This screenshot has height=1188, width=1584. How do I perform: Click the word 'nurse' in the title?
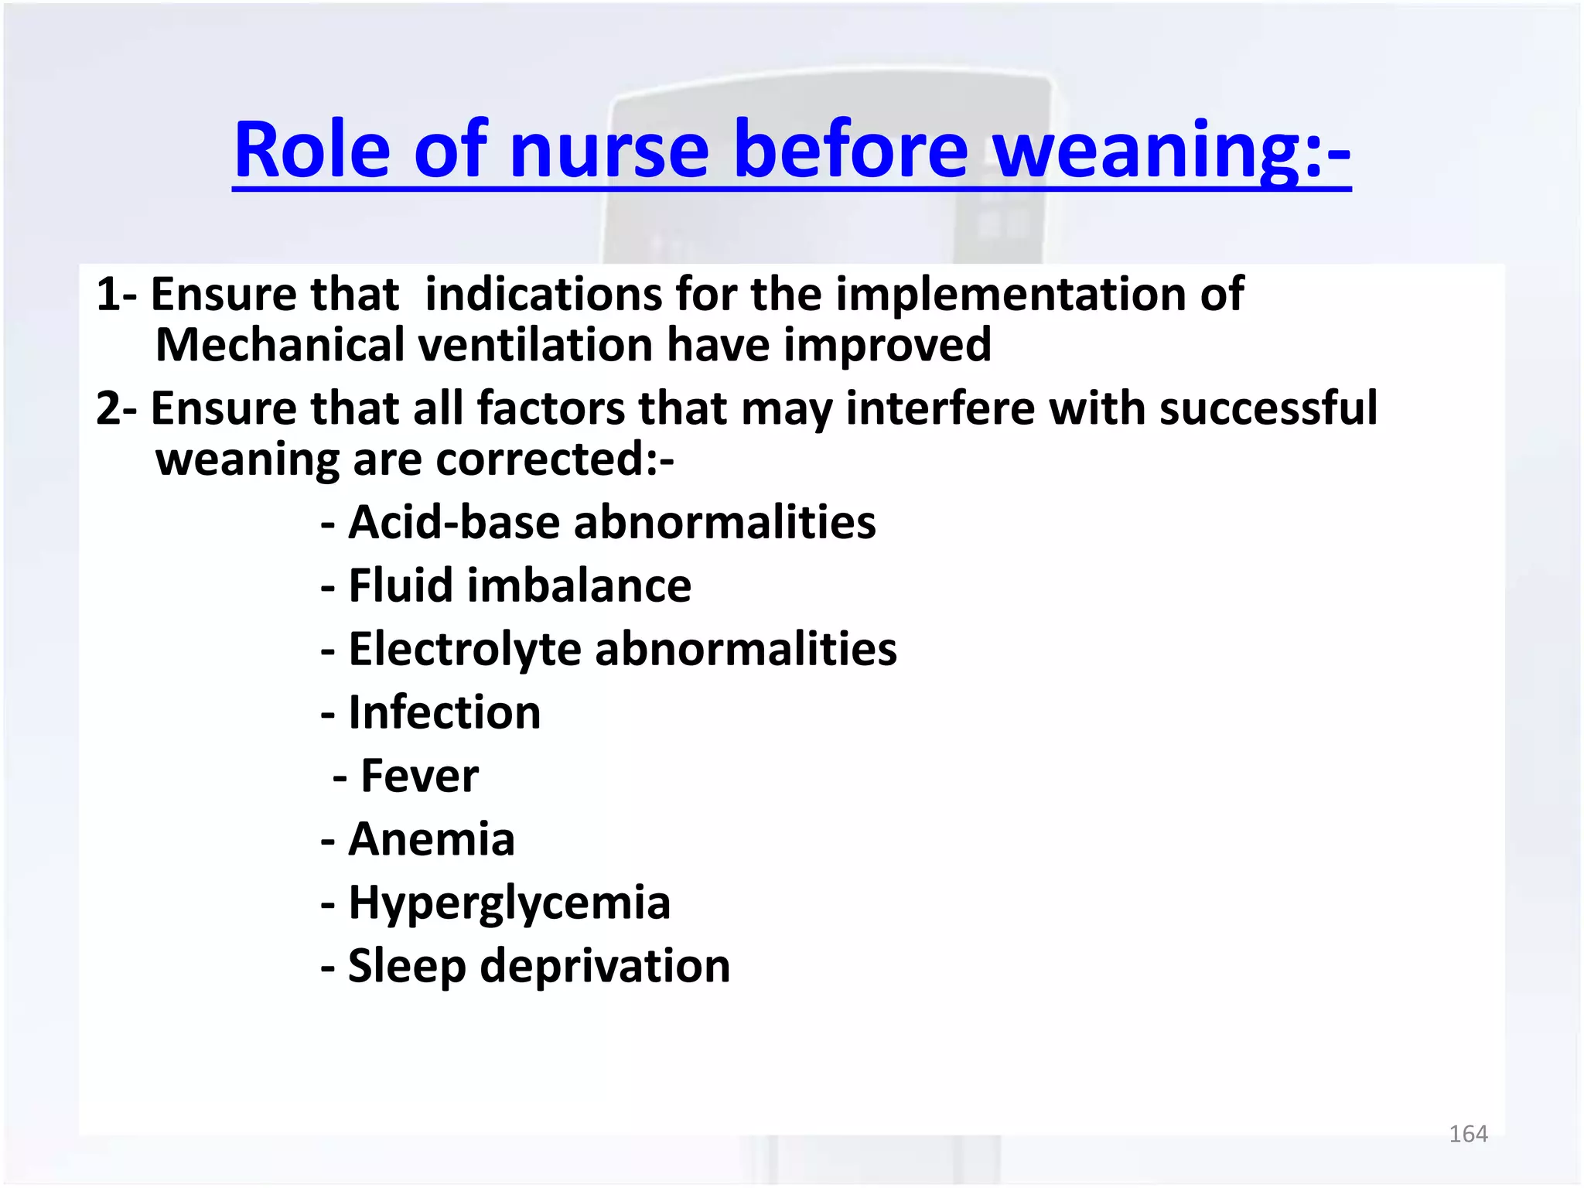coord(609,150)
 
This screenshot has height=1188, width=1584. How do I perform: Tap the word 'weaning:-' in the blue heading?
coord(1171,150)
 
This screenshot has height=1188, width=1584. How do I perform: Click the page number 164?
coord(1467,1134)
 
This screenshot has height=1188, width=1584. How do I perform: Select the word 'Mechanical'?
coord(279,345)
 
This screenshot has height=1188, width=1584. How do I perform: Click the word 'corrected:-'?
coord(555,459)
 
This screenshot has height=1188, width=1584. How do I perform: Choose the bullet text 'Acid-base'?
coord(453,522)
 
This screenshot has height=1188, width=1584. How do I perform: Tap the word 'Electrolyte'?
coord(464,649)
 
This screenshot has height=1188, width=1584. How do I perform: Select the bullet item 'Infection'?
coord(444,712)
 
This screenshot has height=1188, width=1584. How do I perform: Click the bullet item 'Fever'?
coord(419,776)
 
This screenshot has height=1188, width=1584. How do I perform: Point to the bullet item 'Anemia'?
coord(431,839)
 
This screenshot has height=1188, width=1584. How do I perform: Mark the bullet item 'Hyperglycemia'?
coord(509,903)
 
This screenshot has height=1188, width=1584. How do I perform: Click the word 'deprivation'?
coord(604,966)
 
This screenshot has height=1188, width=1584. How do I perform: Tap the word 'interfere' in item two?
coord(940,408)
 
